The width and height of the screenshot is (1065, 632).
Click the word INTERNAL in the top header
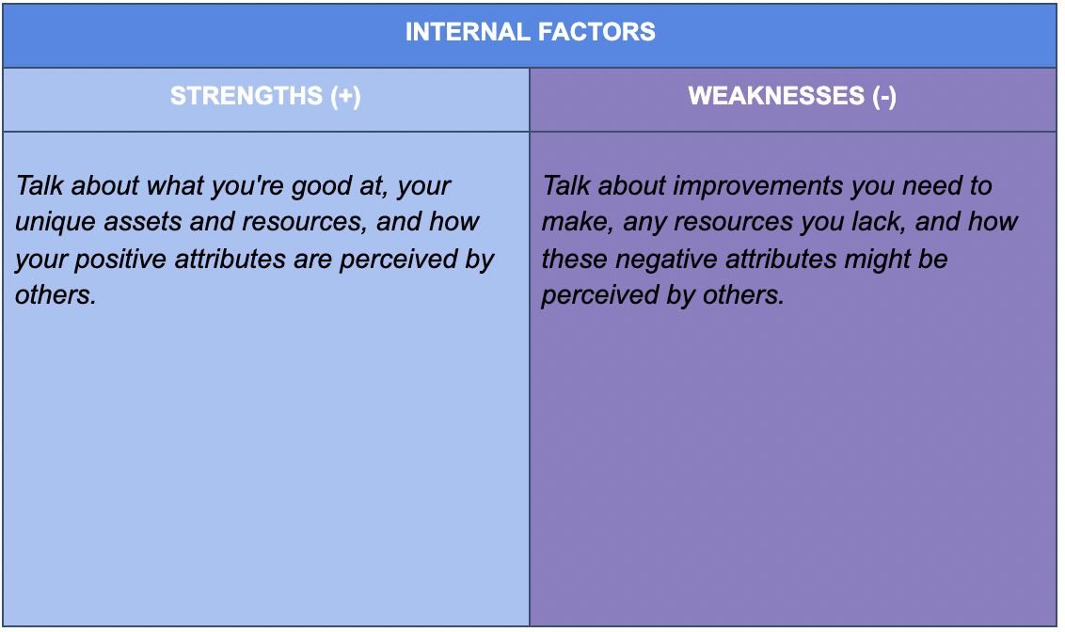[468, 32]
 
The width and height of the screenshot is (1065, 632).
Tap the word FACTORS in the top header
[596, 32]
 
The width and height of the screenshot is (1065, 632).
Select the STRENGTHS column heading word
[246, 96]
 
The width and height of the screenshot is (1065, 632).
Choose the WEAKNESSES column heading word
[776, 96]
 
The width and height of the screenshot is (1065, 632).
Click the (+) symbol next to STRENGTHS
[345, 96]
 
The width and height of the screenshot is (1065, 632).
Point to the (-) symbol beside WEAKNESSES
[884, 96]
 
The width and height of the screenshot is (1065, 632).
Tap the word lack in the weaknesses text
[881, 222]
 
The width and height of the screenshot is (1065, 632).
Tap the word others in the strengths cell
[56, 295]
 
